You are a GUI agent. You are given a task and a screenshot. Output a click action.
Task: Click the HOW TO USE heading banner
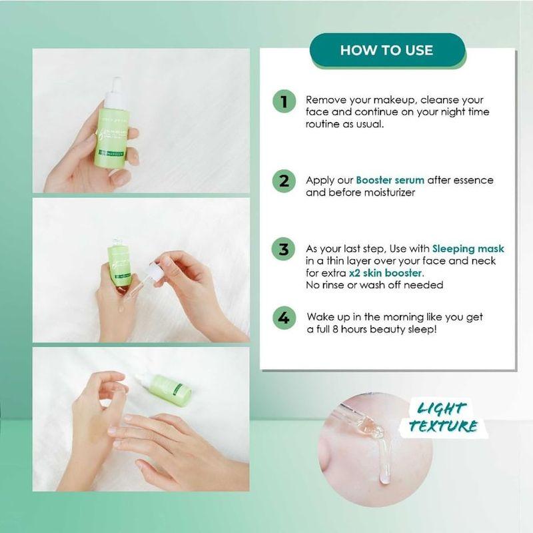(386, 50)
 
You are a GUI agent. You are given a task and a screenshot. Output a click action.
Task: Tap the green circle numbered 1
(284, 103)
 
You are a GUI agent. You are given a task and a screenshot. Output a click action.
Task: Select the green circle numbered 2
(284, 181)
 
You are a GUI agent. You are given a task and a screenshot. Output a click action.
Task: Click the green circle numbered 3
(284, 250)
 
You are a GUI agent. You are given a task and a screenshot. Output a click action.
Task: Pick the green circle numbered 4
(284, 318)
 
